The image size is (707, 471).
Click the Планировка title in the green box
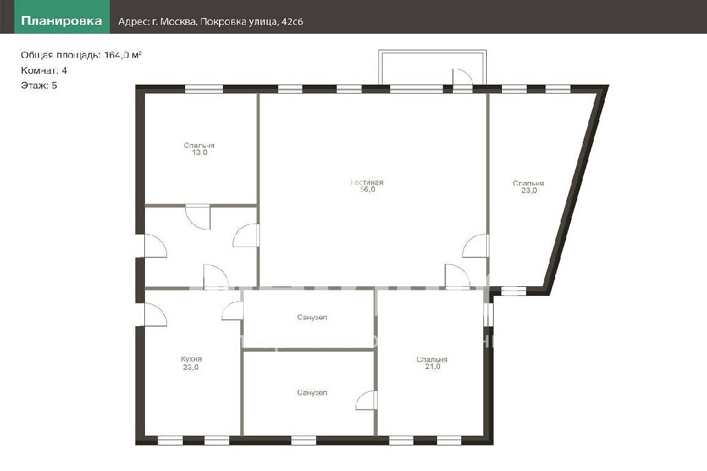[x=61, y=21]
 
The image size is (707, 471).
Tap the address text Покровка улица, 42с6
[x=251, y=21]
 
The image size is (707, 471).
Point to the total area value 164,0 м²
[x=123, y=55]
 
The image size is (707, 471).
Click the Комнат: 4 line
[x=43, y=70]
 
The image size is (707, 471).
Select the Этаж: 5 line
[x=39, y=86]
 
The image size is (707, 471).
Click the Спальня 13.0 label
[x=200, y=149]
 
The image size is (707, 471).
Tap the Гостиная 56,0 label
[x=367, y=186]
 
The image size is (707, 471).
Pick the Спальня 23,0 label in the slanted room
[x=528, y=187]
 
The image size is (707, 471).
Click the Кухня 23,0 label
[x=191, y=363]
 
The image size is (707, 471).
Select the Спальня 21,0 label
[x=432, y=363]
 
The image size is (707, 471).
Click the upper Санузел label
[x=312, y=317]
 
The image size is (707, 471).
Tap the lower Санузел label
[x=312, y=392]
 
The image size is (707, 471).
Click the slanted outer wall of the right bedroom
[x=577, y=189]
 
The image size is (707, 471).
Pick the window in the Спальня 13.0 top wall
[x=204, y=89]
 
